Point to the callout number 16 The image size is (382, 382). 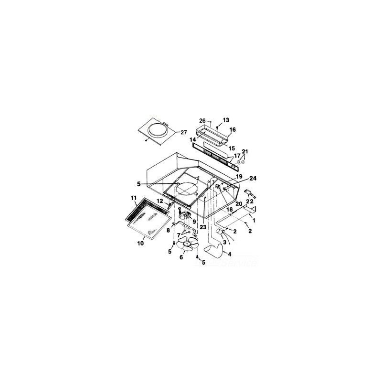coord(232,129)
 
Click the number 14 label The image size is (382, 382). coord(192,140)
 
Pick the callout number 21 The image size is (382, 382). coord(245,151)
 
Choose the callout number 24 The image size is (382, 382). coord(253,178)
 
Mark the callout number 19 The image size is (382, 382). coord(239,176)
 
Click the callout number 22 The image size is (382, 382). coord(250,201)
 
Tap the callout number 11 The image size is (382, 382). coord(134,198)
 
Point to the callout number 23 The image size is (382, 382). coord(203,227)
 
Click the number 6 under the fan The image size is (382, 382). coord(181,257)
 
